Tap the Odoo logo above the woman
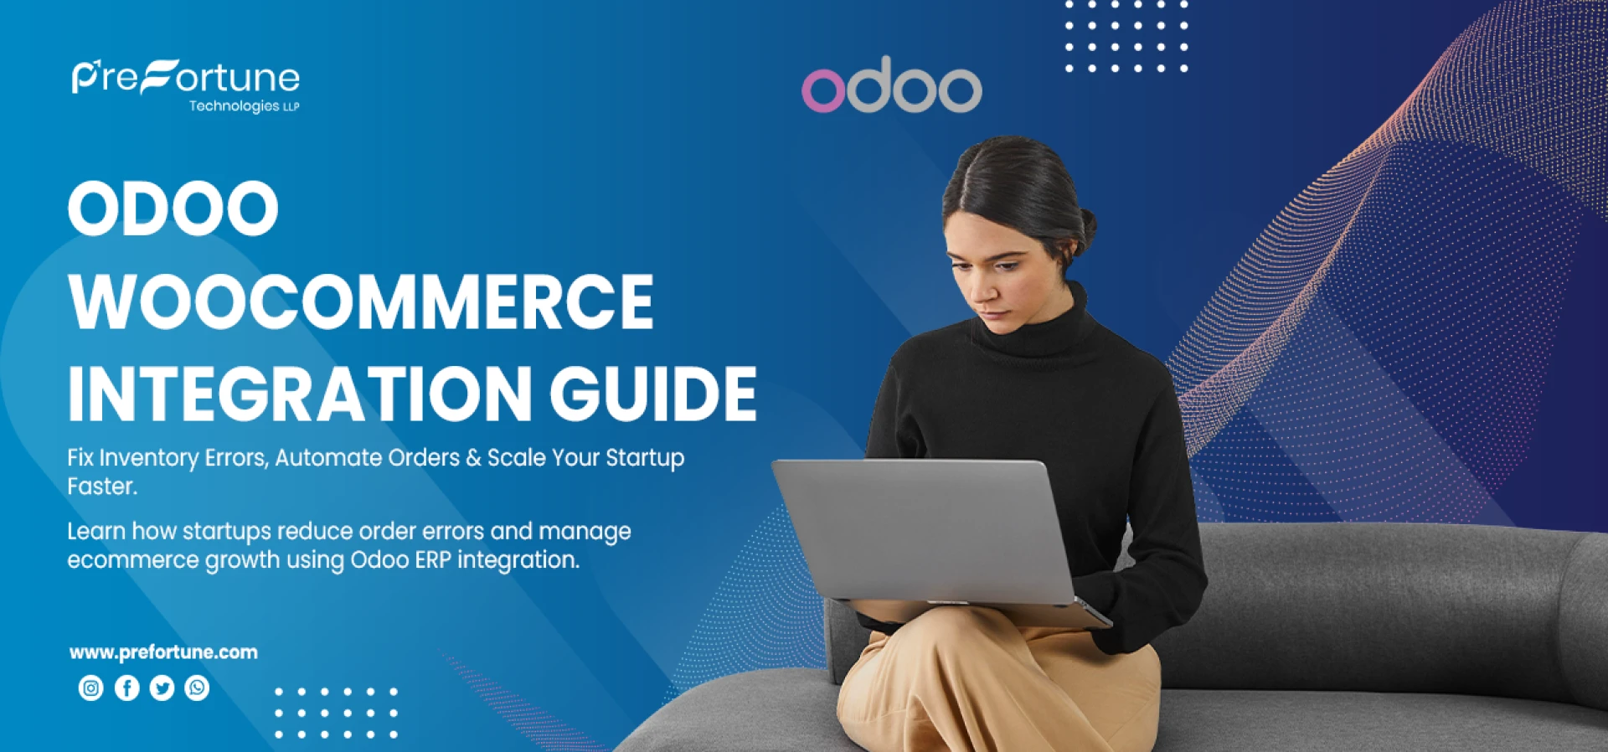[x=891, y=86]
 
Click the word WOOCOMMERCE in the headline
[x=361, y=302]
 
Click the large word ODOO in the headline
[x=173, y=209]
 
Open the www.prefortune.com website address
[x=163, y=652]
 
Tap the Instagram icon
[x=90, y=688]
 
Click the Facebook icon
[x=126, y=688]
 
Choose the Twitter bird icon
[x=162, y=688]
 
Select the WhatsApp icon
[x=197, y=688]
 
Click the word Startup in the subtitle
[x=645, y=458]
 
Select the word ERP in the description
[x=433, y=560]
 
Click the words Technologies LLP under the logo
[x=244, y=106]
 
